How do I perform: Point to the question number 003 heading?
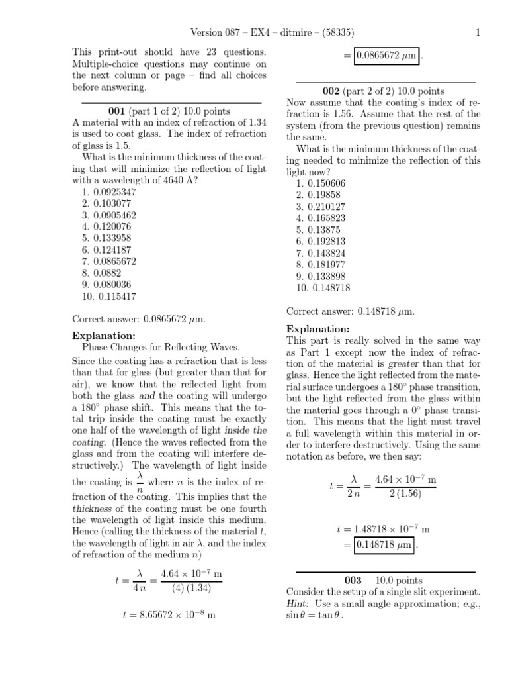(x=354, y=580)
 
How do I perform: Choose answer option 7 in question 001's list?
(x=110, y=261)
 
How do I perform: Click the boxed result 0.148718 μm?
(x=384, y=545)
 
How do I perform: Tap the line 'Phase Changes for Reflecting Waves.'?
(x=161, y=347)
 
